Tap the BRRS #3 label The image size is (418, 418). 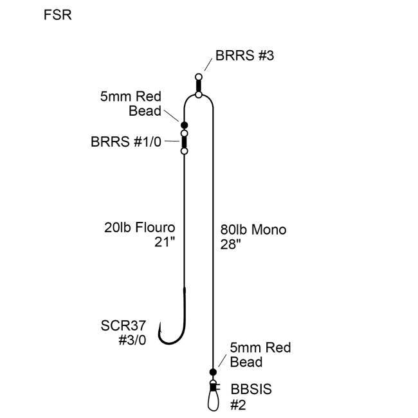pyautogui.click(x=245, y=56)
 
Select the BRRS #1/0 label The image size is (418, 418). pyautogui.click(x=134, y=141)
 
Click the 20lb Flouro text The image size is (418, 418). pyautogui.click(x=140, y=228)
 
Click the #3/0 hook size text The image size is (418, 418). pyautogui.click(x=132, y=340)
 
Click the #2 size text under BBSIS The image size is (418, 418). pyautogui.click(x=239, y=404)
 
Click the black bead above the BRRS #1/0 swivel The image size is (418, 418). pyautogui.click(x=184, y=125)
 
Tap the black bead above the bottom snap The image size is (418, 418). pyautogui.click(x=213, y=372)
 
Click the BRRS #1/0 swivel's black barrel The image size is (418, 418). pyautogui.click(x=184, y=141)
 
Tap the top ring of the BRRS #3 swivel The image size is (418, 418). pyautogui.click(x=199, y=77)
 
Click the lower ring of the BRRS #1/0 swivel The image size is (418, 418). pyautogui.click(x=184, y=151)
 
